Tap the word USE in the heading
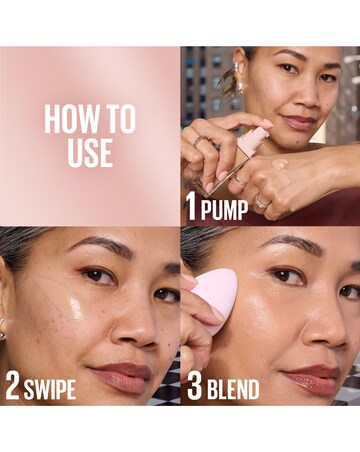tap(90, 153)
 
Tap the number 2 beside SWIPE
tap(12, 388)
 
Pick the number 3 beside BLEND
tap(192, 388)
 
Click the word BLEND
tap(229, 389)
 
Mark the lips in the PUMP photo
tap(300, 122)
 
